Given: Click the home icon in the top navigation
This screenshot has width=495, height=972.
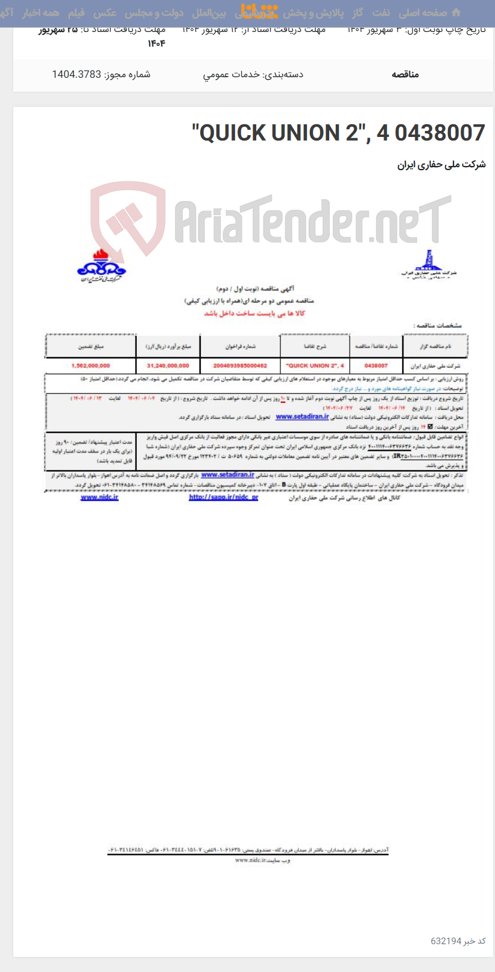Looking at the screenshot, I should pos(456,13).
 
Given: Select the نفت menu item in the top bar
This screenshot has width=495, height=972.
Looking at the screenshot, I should pos(381,13).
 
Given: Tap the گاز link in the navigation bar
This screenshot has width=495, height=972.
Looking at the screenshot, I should pos(358,13).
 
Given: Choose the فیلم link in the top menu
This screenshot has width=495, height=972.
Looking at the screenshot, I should pos(76,13).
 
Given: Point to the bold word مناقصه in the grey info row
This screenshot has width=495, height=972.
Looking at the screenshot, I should pos(405,74).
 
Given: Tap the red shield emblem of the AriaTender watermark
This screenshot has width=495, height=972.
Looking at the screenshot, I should pos(128,218).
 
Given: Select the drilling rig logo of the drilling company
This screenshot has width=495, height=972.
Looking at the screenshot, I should pos(427,264).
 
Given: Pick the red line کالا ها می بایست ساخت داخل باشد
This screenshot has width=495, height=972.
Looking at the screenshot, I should pos(254,313).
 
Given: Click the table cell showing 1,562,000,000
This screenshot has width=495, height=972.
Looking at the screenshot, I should pos(90,366).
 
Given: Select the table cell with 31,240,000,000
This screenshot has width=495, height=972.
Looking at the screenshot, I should pos(168,366).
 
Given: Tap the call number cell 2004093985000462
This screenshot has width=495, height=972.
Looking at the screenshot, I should pos(240,366).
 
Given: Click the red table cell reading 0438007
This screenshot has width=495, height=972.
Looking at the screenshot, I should pos(376,366).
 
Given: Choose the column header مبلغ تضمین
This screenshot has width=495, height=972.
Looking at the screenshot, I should pos(90,347).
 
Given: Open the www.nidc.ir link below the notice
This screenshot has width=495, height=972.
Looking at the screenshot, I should pos(99,497).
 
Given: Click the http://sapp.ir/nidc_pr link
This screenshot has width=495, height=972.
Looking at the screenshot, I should pos(223,497).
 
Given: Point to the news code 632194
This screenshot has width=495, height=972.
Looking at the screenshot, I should pos(446,941).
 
